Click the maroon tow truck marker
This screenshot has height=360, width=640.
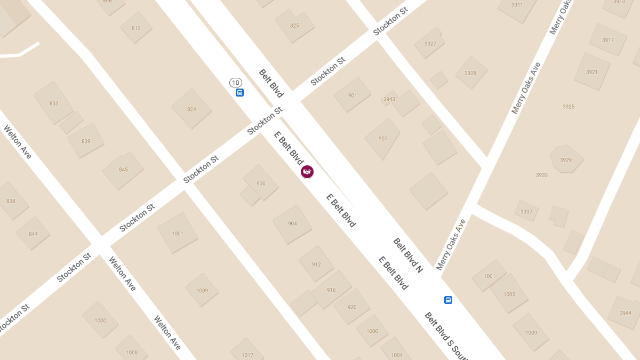coord(307,172)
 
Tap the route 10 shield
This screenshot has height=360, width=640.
coord(236,83)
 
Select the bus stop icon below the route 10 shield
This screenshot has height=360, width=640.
coord(239,92)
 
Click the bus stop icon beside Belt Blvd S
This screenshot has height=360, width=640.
coord(448,300)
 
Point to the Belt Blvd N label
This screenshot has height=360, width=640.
coord(408,255)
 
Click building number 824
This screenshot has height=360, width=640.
coord(191,109)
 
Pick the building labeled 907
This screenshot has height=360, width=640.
coord(383,139)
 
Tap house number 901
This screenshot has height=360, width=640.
coord(353,95)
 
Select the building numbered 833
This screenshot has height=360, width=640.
coord(54,103)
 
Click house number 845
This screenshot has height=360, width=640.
coord(123,170)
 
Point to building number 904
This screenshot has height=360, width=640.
coord(292,223)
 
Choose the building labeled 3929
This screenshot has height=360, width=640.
coord(566,160)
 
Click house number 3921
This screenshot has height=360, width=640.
coord(591,72)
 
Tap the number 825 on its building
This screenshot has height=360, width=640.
coord(294,26)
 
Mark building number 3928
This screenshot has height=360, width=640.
coord(470,73)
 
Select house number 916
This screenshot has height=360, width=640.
coord(331,290)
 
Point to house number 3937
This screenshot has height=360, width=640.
coord(526,212)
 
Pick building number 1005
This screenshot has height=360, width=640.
coord(509,294)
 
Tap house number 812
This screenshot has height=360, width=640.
coord(136,28)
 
